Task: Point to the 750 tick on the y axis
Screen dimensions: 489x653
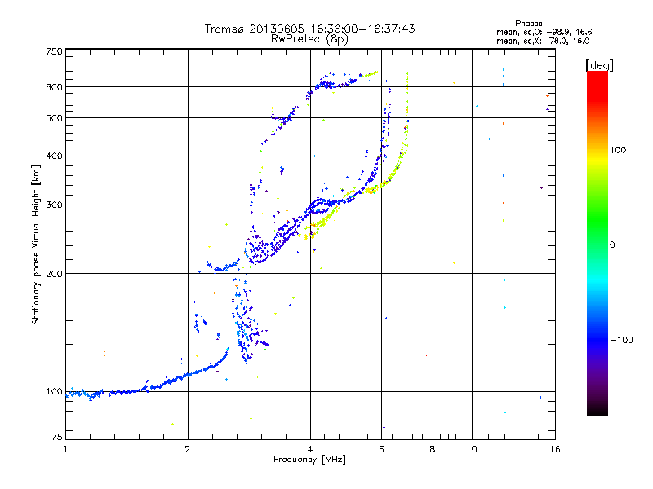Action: point(54,51)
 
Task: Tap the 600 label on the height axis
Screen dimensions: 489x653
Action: point(54,86)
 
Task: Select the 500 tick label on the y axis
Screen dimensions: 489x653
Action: point(54,117)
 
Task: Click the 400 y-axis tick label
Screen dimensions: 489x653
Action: point(54,156)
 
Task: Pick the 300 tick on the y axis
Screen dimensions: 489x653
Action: point(54,205)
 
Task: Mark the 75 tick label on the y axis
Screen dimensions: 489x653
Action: point(56,439)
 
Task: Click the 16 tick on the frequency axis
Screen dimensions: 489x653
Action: point(554,449)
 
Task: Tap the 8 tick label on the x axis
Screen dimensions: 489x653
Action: point(433,449)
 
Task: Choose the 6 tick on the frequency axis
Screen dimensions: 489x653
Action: point(382,449)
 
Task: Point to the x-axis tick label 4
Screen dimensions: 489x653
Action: point(310,449)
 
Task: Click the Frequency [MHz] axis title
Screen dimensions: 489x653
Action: point(309,460)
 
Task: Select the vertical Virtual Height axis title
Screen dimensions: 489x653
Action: point(36,244)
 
